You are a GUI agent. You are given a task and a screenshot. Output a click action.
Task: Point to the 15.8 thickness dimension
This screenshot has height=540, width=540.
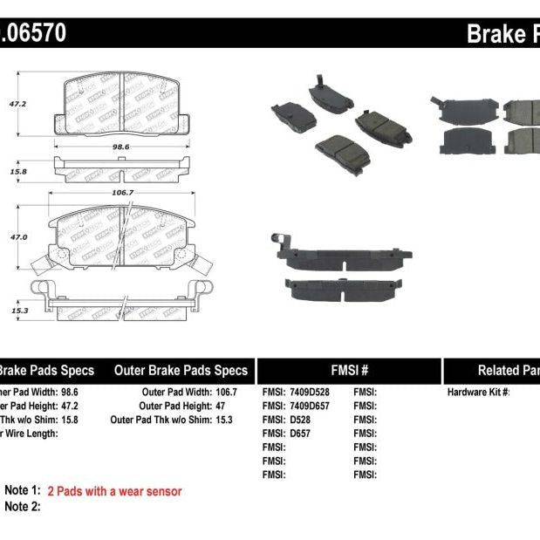[x=18, y=171]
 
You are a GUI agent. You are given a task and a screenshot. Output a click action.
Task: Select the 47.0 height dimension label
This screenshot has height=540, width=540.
[x=18, y=237]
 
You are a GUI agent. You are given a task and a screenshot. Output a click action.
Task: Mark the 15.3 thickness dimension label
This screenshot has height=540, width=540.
[x=18, y=310]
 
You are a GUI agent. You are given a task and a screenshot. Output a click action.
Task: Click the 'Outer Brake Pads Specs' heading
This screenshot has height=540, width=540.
[x=181, y=370]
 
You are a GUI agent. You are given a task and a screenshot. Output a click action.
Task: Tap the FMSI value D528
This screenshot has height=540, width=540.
[x=299, y=420]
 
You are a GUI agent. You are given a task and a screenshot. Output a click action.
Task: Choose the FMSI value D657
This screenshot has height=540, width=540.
[x=299, y=434]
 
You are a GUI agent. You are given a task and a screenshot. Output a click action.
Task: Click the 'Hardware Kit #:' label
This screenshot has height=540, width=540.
[x=478, y=393]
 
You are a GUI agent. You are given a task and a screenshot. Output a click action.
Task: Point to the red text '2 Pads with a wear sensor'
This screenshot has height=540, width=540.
[x=114, y=492]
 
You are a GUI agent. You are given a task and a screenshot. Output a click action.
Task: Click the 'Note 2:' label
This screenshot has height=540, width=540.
[x=23, y=506]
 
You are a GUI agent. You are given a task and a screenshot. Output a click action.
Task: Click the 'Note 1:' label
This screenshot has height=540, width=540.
[x=23, y=492]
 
